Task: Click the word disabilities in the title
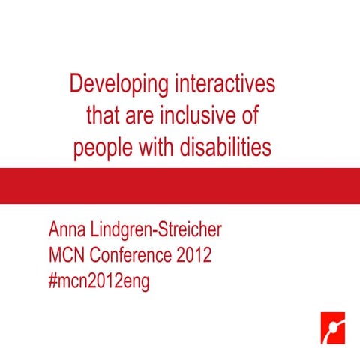(x=225, y=148)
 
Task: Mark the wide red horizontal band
(x=180, y=185)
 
